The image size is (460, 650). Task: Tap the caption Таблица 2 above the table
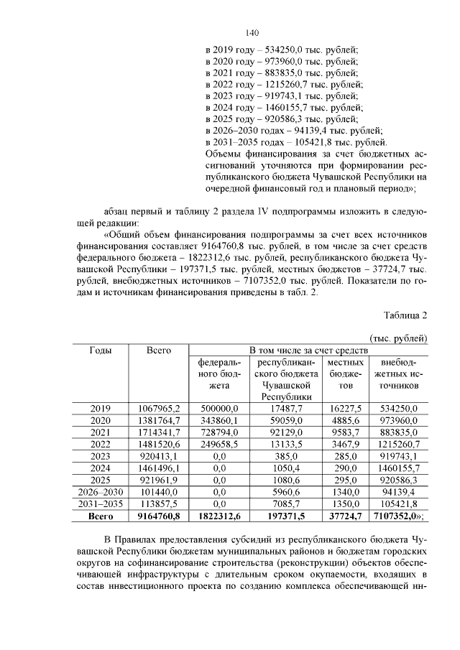(405, 316)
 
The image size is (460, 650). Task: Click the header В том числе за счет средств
(308, 350)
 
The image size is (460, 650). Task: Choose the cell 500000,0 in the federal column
(218, 409)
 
